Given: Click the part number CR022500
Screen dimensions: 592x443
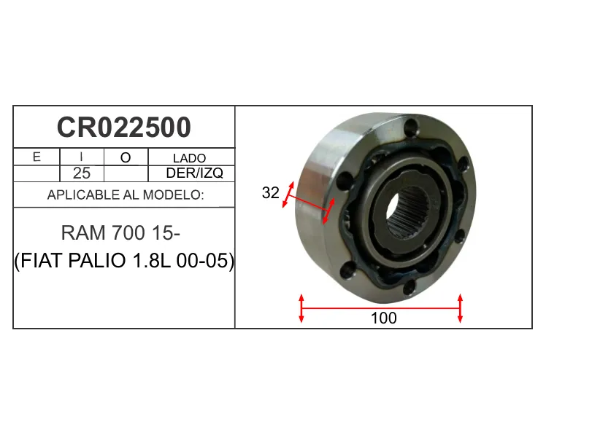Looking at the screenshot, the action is click(x=124, y=128).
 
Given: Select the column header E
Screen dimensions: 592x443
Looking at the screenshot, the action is click(x=36, y=157).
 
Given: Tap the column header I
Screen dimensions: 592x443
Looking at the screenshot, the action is click(x=81, y=157).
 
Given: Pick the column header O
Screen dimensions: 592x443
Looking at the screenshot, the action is click(x=126, y=157).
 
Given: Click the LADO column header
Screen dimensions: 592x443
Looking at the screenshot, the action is click(x=189, y=158).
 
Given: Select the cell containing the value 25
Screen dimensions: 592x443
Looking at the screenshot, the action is click(x=82, y=173).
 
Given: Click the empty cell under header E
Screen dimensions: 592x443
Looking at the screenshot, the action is click(x=36, y=173).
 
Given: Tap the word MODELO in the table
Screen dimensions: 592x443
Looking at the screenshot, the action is click(x=173, y=195).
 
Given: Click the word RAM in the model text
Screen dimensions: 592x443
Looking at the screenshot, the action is click(x=83, y=233).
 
